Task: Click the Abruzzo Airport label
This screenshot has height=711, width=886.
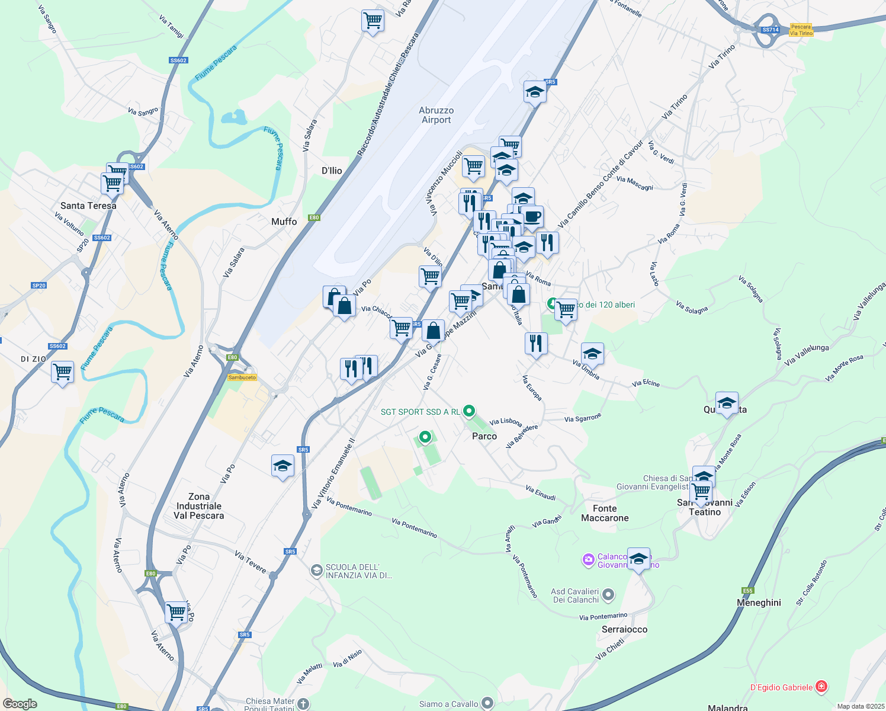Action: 436,115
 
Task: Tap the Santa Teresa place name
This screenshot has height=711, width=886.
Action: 88,206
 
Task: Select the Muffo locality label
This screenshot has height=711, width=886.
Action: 284,222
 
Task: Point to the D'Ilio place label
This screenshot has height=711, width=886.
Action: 332,171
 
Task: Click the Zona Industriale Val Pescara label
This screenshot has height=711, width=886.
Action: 199,506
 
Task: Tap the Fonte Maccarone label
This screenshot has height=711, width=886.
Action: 605,513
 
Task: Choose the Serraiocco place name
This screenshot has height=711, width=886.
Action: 624,629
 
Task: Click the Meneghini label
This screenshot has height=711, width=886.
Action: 759,603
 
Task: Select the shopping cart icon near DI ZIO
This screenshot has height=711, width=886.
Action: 62,373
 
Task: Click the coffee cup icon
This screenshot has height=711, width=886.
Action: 532,217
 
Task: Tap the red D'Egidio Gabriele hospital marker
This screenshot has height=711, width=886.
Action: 821,687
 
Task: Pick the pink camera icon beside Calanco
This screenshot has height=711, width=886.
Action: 588,560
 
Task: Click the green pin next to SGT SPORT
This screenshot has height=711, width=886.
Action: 469,411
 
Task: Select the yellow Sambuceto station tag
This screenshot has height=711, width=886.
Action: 242,377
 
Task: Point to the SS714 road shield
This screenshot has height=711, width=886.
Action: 770,30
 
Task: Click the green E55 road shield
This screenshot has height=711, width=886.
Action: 747,591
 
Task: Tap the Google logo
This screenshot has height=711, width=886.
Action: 20,704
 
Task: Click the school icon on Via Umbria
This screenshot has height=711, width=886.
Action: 592,354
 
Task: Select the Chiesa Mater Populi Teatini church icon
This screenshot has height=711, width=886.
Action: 303,704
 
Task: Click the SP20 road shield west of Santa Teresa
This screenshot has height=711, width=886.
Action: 38,286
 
